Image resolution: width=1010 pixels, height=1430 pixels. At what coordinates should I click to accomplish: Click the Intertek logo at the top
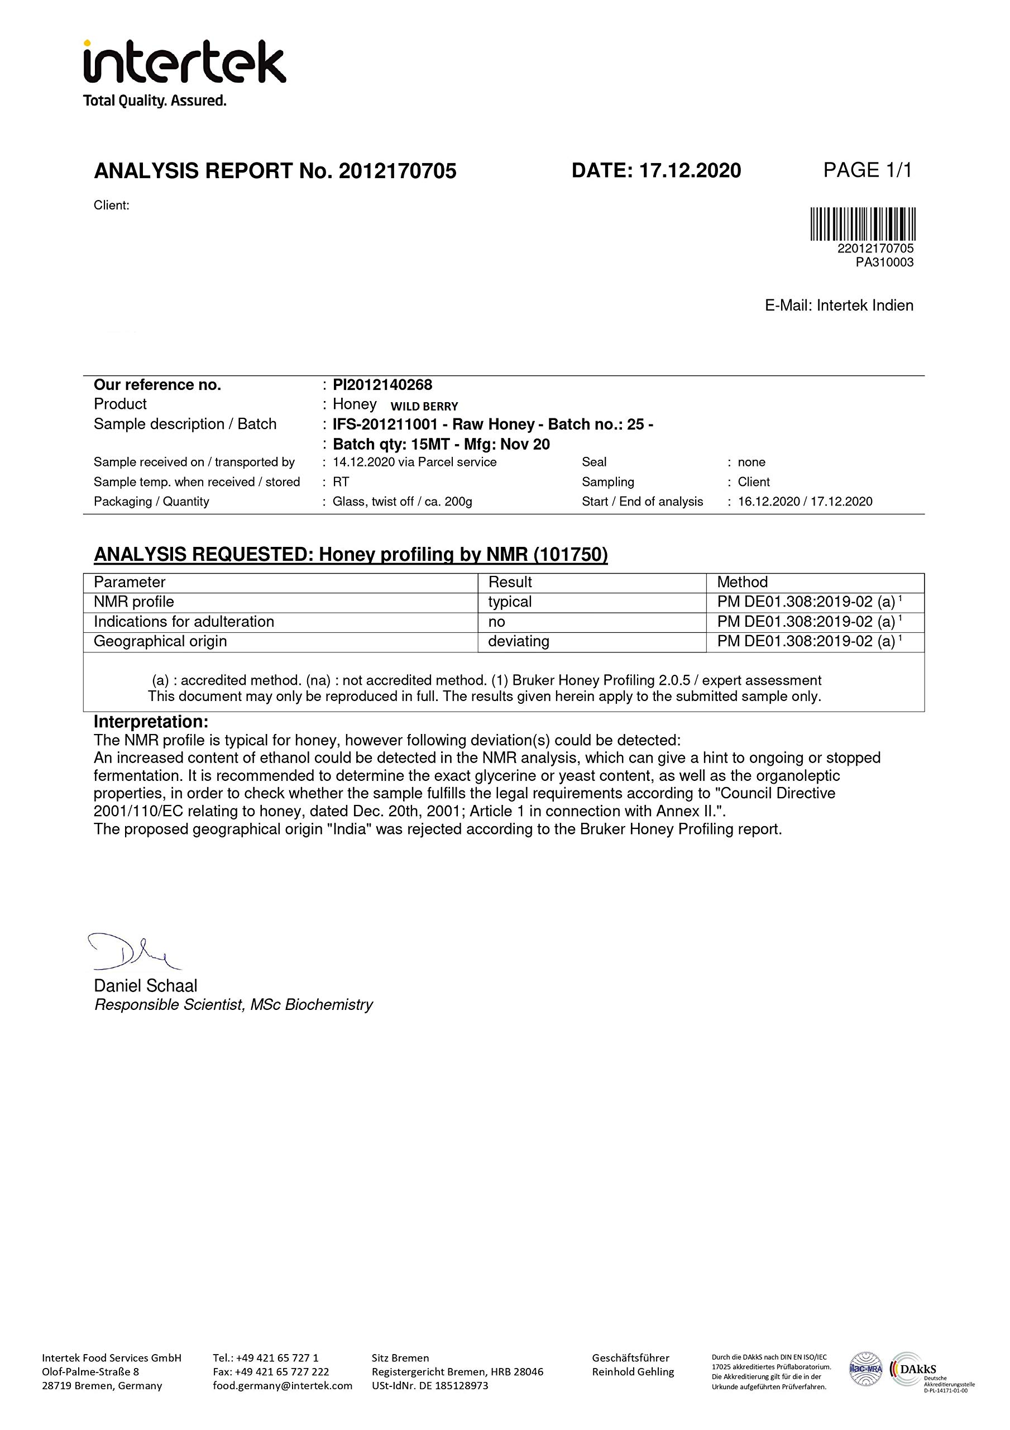(x=184, y=72)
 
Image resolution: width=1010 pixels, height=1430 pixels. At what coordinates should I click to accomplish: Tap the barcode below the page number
(x=863, y=223)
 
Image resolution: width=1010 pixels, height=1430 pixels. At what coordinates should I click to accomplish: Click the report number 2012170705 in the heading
(x=398, y=171)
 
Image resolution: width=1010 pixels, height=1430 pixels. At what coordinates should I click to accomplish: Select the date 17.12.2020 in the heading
(x=690, y=170)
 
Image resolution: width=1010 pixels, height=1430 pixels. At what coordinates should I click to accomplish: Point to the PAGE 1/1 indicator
(x=868, y=169)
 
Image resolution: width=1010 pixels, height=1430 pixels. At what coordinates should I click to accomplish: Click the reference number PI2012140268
(x=382, y=385)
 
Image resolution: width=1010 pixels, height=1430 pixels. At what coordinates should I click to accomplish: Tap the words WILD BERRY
(x=424, y=407)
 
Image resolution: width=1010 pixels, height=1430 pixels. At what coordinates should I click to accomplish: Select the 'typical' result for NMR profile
(x=509, y=602)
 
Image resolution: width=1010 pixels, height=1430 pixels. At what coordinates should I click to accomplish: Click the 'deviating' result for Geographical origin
(x=518, y=641)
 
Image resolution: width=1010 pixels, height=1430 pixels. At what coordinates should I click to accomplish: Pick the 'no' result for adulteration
(x=496, y=622)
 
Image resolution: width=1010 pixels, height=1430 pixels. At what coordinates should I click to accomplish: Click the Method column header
(x=742, y=583)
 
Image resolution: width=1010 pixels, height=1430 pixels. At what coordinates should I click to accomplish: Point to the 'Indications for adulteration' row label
(x=184, y=622)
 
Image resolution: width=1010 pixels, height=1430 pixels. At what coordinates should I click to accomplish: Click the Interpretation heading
(x=151, y=722)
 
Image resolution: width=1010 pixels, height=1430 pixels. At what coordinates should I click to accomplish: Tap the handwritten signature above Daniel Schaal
(x=134, y=952)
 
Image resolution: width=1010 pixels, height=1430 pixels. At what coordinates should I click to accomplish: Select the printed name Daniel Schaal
(x=145, y=986)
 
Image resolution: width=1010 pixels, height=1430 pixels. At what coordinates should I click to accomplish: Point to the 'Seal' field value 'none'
(x=751, y=462)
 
